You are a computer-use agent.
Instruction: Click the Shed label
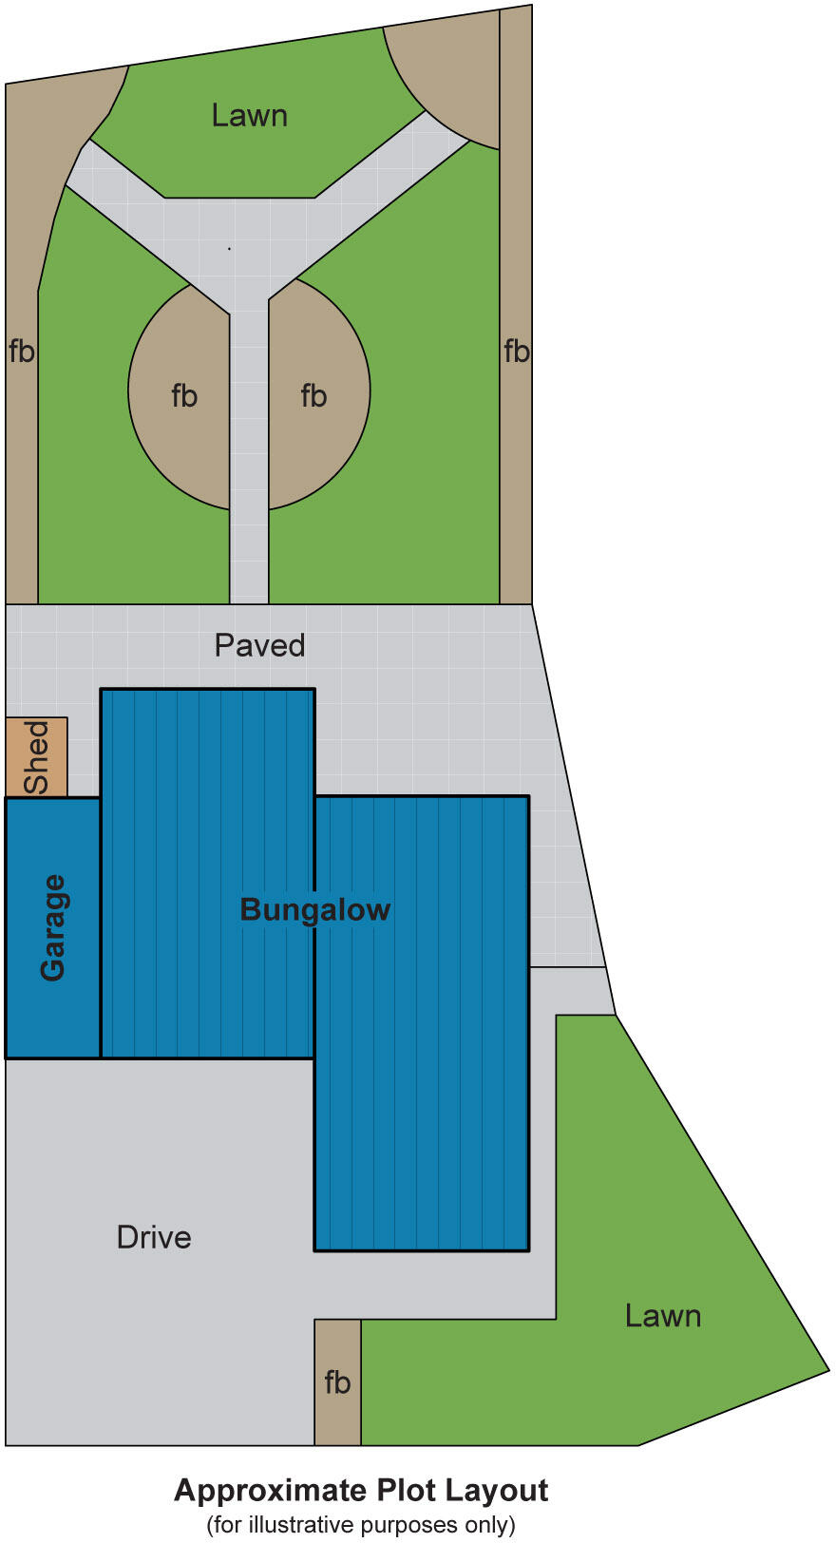click(36, 756)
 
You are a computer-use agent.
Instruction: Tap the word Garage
click(53, 927)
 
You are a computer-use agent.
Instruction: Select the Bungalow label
click(314, 909)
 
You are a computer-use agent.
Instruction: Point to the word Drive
click(154, 1237)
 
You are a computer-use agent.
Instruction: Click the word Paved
click(259, 645)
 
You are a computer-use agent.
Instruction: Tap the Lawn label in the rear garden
click(249, 116)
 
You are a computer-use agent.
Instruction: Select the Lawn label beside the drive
click(662, 1316)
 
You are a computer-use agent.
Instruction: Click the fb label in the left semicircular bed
click(184, 395)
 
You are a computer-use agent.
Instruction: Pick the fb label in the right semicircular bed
click(313, 395)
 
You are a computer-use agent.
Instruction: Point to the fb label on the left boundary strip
click(21, 352)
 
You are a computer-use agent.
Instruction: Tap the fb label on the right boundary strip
click(516, 352)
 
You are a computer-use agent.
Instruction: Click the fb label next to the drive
click(337, 1382)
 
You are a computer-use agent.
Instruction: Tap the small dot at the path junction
click(229, 249)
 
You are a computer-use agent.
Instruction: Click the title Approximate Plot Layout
click(361, 1490)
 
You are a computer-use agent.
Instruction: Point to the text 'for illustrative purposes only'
click(361, 1525)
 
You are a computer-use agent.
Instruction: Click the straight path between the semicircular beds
click(249, 447)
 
